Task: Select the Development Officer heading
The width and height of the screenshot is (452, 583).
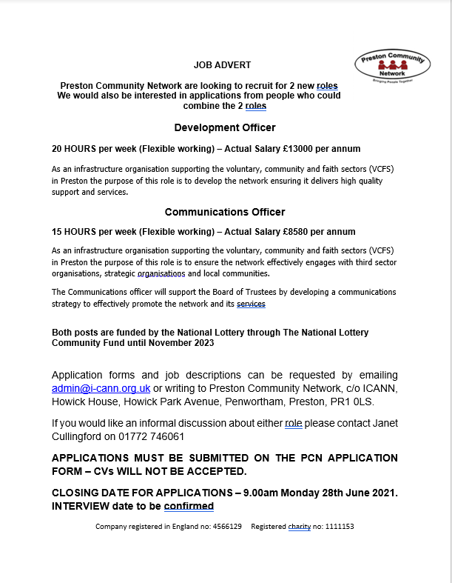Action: pyautogui.click(x=224, y=127)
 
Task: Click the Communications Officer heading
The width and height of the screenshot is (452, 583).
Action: pyautogui.click(x=225, y=212)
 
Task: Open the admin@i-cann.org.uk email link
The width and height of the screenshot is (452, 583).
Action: pyautogui.click(x=101, y=387)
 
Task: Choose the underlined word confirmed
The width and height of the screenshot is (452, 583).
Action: pyautogui.click(x=189, y=506)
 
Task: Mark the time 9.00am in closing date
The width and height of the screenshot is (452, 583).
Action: pyautogui.click(x=263, y=493)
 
